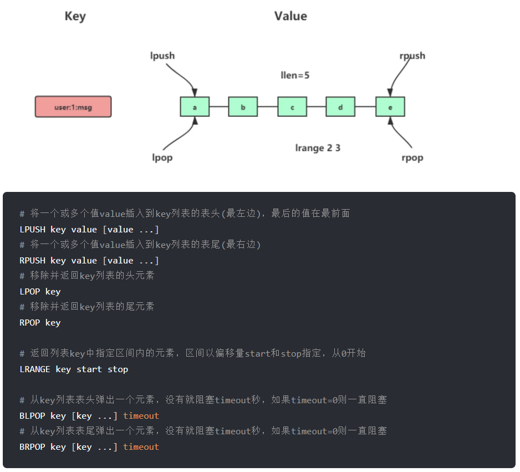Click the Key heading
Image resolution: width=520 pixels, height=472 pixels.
(75, 16)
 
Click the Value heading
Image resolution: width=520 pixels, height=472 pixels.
(290, 16)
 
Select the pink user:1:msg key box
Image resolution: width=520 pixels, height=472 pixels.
(73, 107)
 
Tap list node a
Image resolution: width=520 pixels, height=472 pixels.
(195, 107)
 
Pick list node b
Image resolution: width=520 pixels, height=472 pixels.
(243, 107)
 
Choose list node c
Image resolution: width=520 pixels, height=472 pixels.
(292, 107)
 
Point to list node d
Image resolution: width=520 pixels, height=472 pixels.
(340, 107)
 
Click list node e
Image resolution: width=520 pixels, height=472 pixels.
(390, 107)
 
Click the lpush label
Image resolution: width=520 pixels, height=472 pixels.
(162, 55)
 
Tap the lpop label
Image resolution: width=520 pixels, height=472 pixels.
(162, 158)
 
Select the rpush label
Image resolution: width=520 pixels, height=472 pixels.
(412, 55)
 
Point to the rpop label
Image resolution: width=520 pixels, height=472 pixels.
(412, 158)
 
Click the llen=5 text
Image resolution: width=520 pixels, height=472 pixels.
(295, 75)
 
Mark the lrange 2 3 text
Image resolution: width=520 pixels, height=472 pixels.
(318, 148)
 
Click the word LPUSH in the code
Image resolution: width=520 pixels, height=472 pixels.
(32, 230)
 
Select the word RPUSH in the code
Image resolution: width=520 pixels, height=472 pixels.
(32, 261)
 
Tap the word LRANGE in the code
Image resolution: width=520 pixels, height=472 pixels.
(35, 369)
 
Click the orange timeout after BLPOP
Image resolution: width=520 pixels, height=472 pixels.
(141, 416)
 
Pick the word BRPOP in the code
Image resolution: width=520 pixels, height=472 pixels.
(32, 447)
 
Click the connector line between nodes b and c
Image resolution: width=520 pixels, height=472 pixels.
(267, 107)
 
